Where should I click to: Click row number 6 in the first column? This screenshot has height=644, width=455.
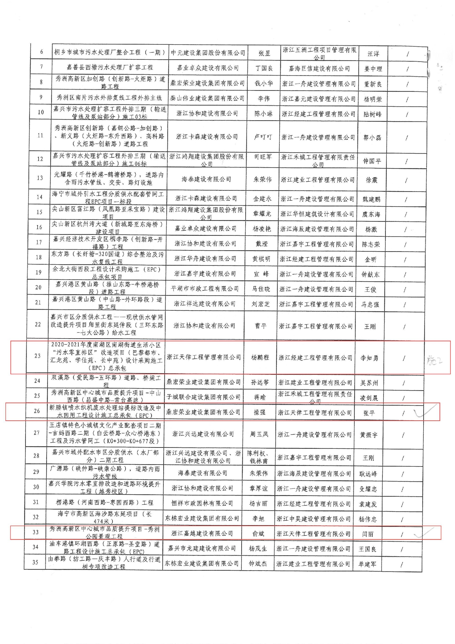click(x=42, y=52)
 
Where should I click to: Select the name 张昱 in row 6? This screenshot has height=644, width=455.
click(x=264, y=53)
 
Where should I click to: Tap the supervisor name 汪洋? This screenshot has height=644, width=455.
click(x=373, y=54)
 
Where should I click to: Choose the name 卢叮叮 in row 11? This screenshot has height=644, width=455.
click(x=263, y=137)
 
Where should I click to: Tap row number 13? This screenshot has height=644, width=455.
click(x=40, y=178)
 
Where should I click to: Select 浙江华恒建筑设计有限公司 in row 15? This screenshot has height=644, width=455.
click(x=317, y=214)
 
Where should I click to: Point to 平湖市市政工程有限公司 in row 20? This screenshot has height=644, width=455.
click(x=205, y=289)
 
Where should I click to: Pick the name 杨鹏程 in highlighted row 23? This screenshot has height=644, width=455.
click(x=260, y=357)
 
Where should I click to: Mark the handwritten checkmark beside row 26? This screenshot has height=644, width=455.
click(x=424, y=412)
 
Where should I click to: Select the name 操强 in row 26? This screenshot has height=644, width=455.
click(x=259, y=412)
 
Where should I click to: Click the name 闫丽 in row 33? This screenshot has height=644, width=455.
click(x=368, y=534)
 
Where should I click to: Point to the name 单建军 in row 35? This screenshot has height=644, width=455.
click(x=367, y=564)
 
